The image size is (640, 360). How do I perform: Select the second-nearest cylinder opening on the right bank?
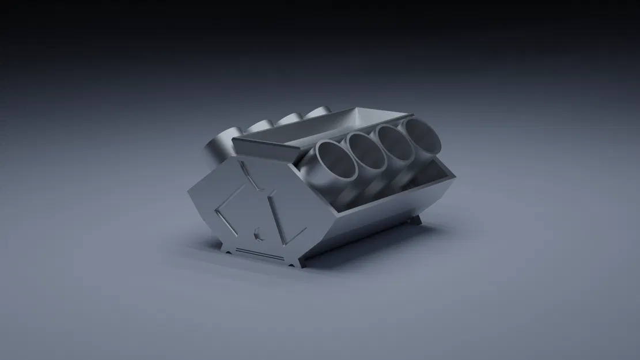pos(367,151)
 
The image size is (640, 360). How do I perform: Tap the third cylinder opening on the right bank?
pos(395,142)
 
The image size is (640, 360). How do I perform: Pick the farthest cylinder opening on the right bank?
pos(421,134)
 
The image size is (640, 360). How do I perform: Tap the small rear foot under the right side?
pos(416,221)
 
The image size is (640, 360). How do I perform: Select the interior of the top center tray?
pos(323,128)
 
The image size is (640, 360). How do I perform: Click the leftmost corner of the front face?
pos(190,191)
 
